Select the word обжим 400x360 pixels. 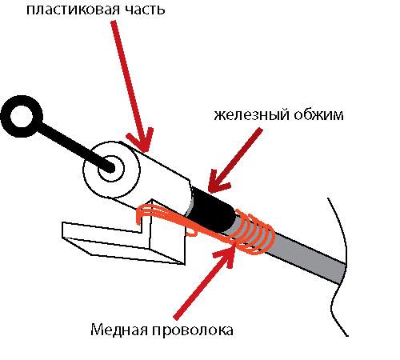point(319,114)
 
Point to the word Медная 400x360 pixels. point(119,330)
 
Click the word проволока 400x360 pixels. point(193,330)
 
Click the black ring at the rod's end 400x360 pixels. point(22,117)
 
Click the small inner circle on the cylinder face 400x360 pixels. point(111,169)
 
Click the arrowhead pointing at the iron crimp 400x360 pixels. point(218,182)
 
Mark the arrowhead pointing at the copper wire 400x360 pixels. point(226,254)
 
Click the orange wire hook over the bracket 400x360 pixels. point(150,212)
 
